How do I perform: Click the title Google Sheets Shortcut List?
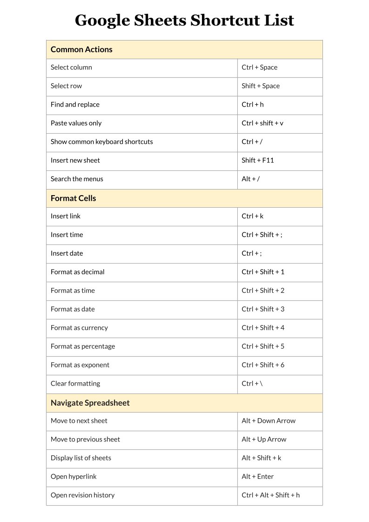tap(184, 20)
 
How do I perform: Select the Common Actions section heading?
tap(81, 49)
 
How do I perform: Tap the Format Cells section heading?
tap(73, 198)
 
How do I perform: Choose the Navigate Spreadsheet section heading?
tap(90, 403)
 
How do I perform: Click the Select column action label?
tap(71, 68)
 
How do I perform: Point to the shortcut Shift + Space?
tap(261, 86)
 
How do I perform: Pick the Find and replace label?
tap(75, 105)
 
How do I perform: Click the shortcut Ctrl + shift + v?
tap(262, 123)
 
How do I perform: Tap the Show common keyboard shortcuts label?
tap(101, 142)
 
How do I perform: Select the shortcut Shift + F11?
tap(258, 161)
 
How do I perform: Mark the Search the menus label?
tap(77, 179)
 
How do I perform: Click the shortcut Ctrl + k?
tap(253, 217)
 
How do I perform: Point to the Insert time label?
tap(67, 235)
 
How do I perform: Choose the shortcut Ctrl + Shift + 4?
tap(263, 328)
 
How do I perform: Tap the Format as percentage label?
tap(83, 346)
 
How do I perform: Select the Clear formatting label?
tap(75, 384)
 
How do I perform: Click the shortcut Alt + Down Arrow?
tap(268, 421)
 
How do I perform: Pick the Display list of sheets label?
tap(81, 458)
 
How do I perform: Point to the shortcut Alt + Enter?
tap(258, 477)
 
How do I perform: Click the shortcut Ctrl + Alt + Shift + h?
tap(271, 495)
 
